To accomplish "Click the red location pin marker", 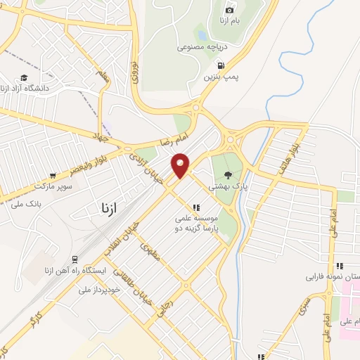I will [x=181, y=165].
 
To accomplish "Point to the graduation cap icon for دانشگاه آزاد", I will [x=25, y=77].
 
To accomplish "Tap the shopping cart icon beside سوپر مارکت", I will [x=53, y=176].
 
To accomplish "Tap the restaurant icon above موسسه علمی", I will [x=197, y=207].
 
